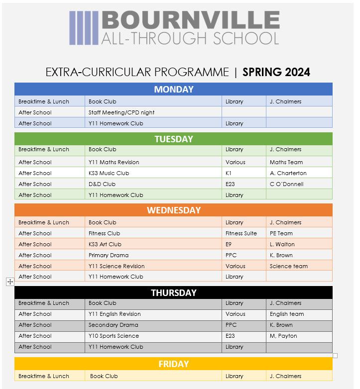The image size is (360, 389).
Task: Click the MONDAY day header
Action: pyautogui.click(x=173, y=90)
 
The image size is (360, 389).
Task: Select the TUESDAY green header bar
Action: pyautogui.click(x=173, y=139)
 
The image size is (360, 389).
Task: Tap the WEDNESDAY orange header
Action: pyautogui.click(x=173, y=210)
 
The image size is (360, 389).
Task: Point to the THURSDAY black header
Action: pyautogui.click(x=173, y=292)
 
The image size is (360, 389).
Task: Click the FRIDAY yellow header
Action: pyautogui.click(x=173, y=364)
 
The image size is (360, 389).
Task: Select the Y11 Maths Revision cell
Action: pyautogui.click(x=114, y=162)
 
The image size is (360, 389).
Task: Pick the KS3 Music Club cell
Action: pyautogui.click(x=109, y=173)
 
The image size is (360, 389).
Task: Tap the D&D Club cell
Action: pyautogui.click(x=102, y=184)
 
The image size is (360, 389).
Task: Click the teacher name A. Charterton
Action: pyautogui.click(x=288, y=173)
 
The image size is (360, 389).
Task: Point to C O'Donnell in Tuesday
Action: pyautogui.click(x=287, y=184)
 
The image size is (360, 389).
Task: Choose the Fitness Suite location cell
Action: pyautogui.click(x=241, y=233)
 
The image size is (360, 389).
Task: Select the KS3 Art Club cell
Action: pyautogui.click(x=105, y=244)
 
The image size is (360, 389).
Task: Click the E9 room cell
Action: pyautogui.click(x=229, y=244)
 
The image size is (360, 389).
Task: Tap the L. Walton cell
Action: pyautogui.click(x=282, y=244)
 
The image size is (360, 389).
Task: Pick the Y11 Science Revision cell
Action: pyautogui.click(x=117, y=266)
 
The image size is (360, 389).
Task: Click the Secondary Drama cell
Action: pyautogui.click(x=114, y=325)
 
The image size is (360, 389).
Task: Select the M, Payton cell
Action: pyautogui.click(x=283, y=336)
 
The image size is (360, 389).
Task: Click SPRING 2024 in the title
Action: pyautogui.click(x=276, y=72)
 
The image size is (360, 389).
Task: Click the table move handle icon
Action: pyautogui.click(x=10, y=282)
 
